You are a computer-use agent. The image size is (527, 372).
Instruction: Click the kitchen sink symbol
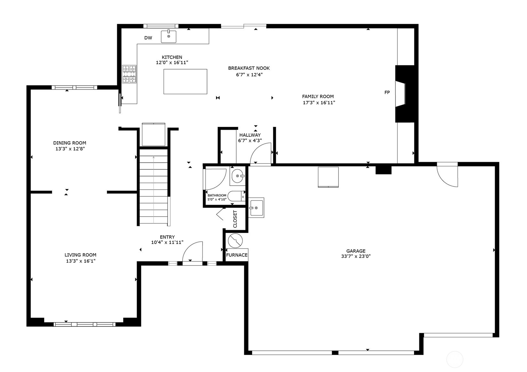pos(168,36)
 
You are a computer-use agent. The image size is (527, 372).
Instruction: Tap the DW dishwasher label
pos(148,38)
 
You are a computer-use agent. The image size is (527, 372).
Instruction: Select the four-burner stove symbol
pos(129,74)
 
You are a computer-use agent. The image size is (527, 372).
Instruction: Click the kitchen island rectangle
pos(185,81)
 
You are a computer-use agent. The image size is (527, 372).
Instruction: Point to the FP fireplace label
pos(387,92)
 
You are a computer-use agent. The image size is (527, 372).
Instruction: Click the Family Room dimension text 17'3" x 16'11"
pos(319,103)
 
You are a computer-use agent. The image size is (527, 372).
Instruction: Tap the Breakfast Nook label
pos(249,68)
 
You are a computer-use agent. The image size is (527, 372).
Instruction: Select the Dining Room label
pos(69,143)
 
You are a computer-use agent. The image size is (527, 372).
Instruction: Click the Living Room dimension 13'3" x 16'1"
pos(81,261)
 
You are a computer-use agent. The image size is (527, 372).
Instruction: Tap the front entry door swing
pos(193,252)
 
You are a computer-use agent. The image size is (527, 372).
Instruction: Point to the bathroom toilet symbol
pos(236,196)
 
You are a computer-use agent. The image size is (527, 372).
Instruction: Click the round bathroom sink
pos(237,176)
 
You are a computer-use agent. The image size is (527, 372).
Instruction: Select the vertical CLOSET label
pos(235,219)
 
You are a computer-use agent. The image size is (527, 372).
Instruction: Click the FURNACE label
pos(237,255)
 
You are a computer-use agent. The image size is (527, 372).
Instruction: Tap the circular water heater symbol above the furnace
pos(235,241)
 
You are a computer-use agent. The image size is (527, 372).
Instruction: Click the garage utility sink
pos(256,208)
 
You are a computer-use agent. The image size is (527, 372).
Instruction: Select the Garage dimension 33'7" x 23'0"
pos(355,256)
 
